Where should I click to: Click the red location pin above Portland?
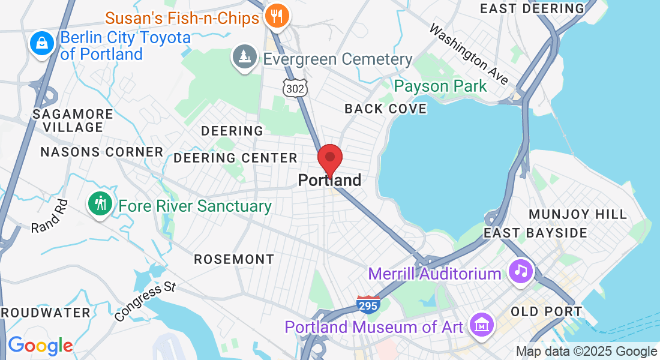coord(329,159)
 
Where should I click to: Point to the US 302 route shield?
coord(296,88)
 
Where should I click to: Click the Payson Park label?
coord(440,86)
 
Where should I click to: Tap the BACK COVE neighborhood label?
coord(385,109)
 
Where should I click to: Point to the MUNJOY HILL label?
coord(578,214)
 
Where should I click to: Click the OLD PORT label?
coord(546,311)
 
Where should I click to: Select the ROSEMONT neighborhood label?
coord(234,259)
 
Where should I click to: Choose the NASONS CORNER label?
coord(101,152)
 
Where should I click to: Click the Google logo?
coord(40,346)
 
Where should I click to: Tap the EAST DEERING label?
coord(532,8)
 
